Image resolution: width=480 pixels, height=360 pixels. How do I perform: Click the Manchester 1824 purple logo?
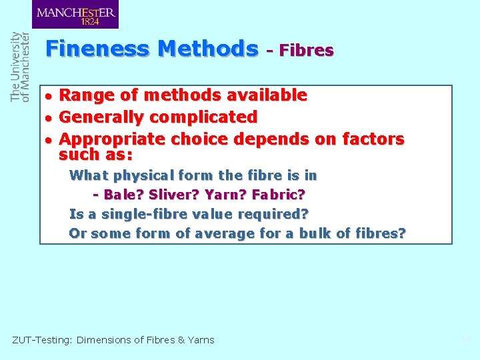pyautogui.click(x=75, y=15)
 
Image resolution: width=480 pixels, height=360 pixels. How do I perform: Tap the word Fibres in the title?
pyautogui.click(x=307, y=50)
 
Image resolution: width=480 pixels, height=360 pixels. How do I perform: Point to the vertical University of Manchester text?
pyautogui.click(x=21, y=67)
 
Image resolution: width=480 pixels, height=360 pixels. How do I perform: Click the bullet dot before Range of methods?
pyautogui.click(x=49, y=96)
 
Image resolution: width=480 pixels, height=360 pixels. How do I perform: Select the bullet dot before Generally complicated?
pyautogui.click(x=49, y=118)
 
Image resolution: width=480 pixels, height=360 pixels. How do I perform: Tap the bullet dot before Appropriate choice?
pyautogui.click(x=49, y=140)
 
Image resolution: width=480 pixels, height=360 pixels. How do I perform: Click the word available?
pyautogui.click(x=267, y=95)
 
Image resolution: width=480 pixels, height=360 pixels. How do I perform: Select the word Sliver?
pyautogui.click(x=169, y=195)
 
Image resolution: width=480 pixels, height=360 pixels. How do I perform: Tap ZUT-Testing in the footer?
pyautogui.click(x=42, y=340)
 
